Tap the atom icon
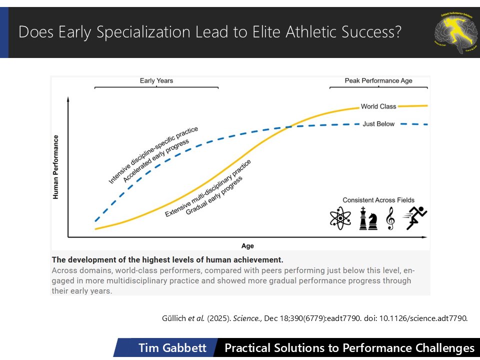pyautogui.click(x=340, y=218)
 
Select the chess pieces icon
pyautogui.click(x=368, y=218)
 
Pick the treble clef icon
pyautogui.click(x=390, y=219)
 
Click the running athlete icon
pyautogui.click(x=416, y=218)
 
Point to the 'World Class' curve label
pyautogui.click(x=378, y=106)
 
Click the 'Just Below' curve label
pyautogui.click(x=378, y=123)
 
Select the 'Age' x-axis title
pyautogui.click(x=247, y=246)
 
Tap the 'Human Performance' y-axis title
pyautogui.click(x=56, y=167)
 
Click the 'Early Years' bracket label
pyautogui.click(x=156, y=80)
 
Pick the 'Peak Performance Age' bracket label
pyautogui.click(x=378, y=80)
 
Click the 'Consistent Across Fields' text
pyautogui.click(x=379, y=200)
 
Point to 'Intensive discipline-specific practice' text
pyautogui.click(x=152, y=155)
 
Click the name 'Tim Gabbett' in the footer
pyautogui.click(x=172, y=348)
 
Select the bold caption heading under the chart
pyautogui.click(x=167, y=259)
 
